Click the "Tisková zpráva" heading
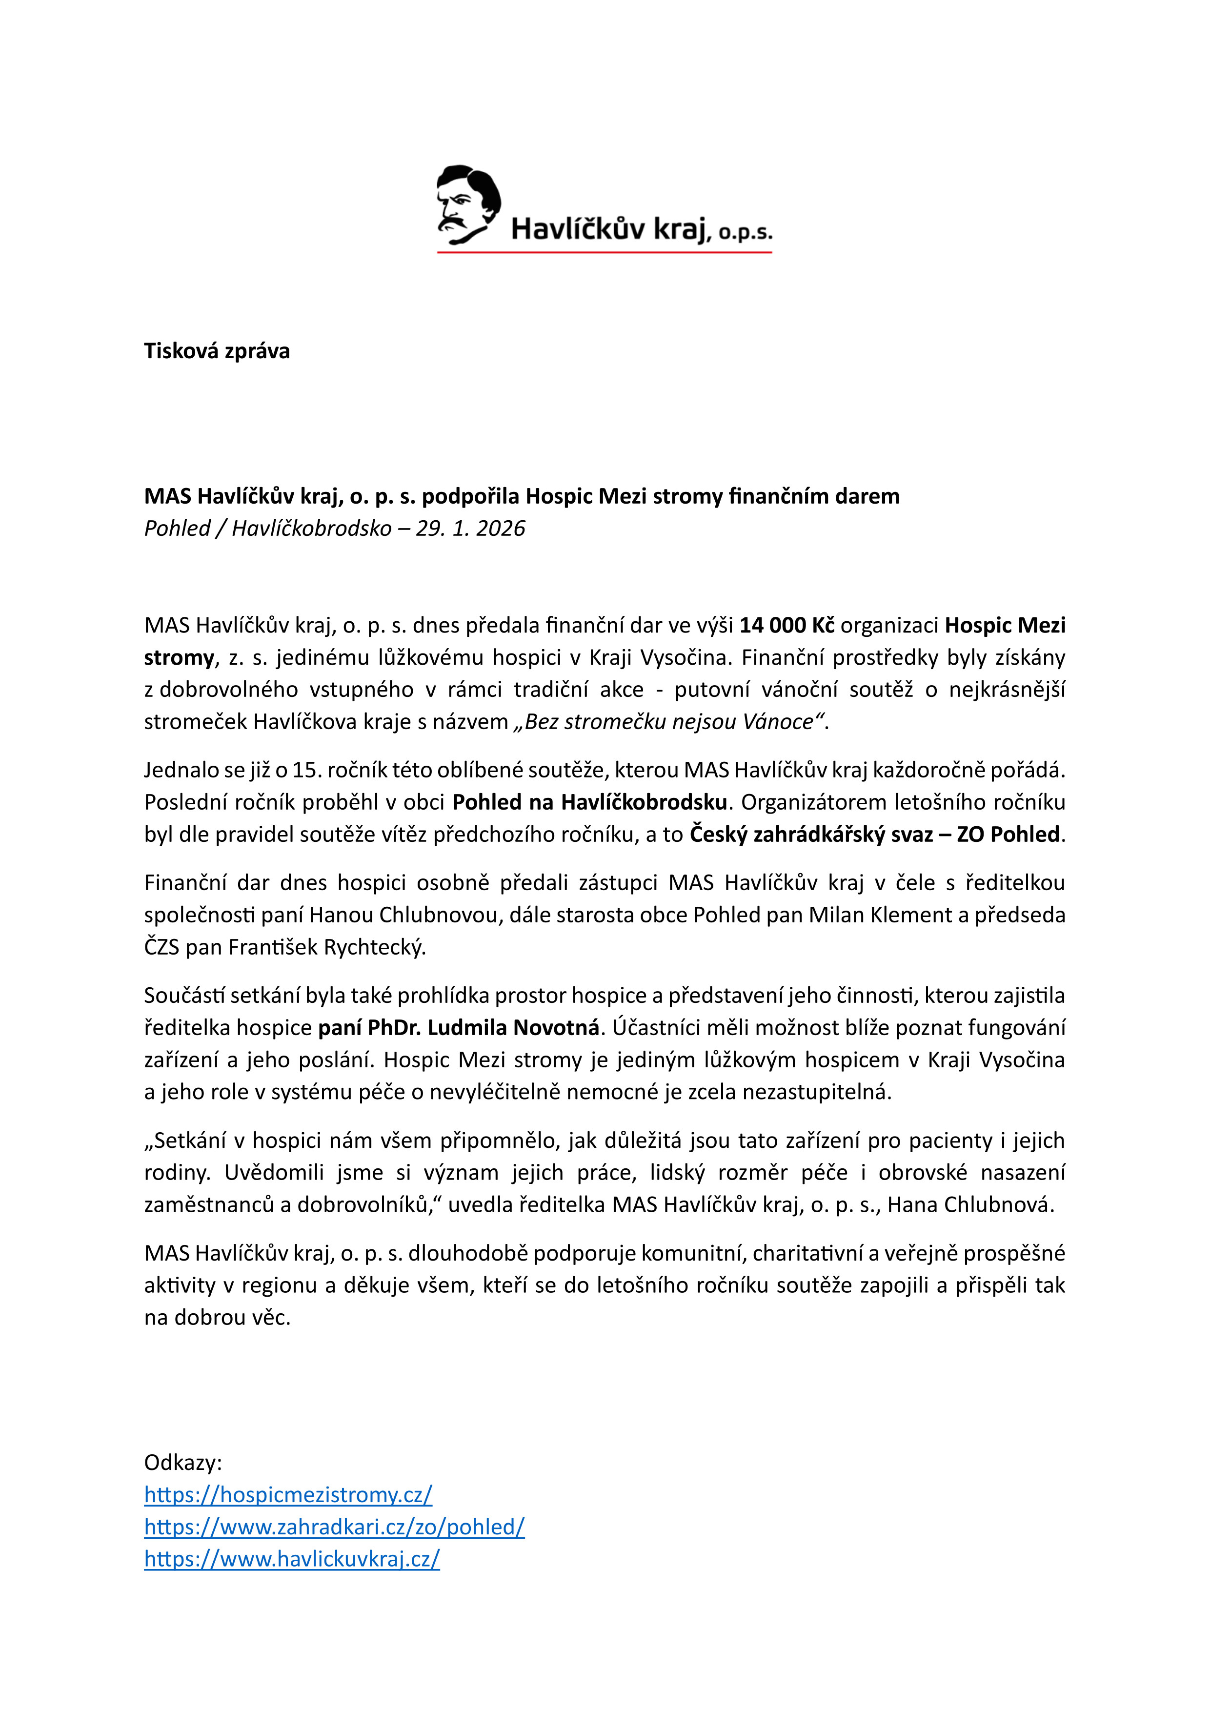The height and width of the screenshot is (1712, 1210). tap(216, 351)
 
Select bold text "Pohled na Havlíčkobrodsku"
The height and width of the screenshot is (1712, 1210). tap(589, 802)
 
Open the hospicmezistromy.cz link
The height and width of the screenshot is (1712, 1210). tap(288, 1494)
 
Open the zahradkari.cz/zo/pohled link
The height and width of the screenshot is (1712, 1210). tap(334, 1527)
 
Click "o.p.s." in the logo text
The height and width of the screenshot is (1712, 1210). tap(745, 233)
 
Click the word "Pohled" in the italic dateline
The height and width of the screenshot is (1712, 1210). tap(177, 529)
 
